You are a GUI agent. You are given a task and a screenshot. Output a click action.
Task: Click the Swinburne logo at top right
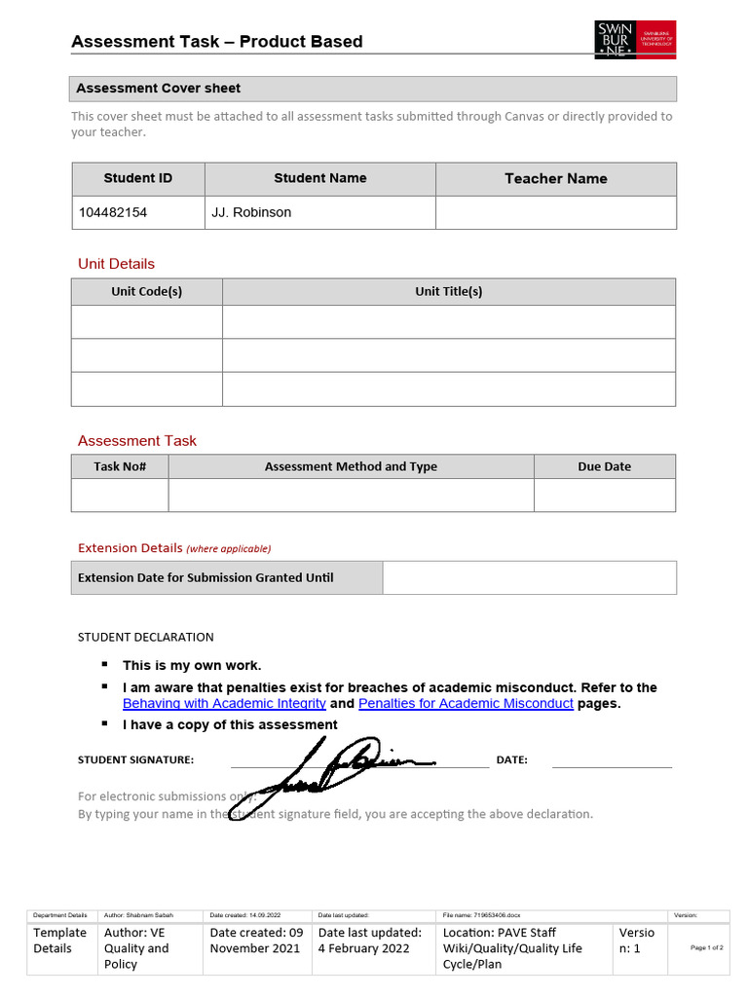coord(635,40)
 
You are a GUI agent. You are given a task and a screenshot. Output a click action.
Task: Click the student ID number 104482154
coord(112,212)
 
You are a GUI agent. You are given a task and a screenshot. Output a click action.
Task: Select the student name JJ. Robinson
coord(251,212)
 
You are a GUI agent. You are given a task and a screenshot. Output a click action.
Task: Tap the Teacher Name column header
coord(555,179)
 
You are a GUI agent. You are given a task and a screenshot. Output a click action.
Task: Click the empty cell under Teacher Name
coord(555,212)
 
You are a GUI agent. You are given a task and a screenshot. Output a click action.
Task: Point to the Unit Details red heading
coord(116,264)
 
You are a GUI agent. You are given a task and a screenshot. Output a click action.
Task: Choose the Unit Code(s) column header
coord(146,291)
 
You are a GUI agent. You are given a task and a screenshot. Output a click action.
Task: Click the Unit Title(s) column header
coord(448,291)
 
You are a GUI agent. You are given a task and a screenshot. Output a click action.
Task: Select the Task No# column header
coord(120,466)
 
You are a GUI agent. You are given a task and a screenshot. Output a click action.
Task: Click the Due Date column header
coord(604,466)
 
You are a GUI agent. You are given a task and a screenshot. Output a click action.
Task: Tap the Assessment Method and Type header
coord(351,466)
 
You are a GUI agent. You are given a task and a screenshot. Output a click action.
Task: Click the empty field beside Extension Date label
coord(529,577)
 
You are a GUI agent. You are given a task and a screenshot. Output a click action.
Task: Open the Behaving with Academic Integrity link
coord(224,703)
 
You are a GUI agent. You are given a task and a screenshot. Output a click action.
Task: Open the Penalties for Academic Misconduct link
coord(466,703)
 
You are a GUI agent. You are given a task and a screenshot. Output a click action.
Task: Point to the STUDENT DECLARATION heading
coord(145,637)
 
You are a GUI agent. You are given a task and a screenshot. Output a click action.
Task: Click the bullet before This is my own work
coord(103,665)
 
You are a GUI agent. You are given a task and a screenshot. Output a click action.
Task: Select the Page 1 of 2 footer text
coord(706,947)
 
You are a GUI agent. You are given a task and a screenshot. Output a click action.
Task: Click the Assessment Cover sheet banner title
coord(158,89)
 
